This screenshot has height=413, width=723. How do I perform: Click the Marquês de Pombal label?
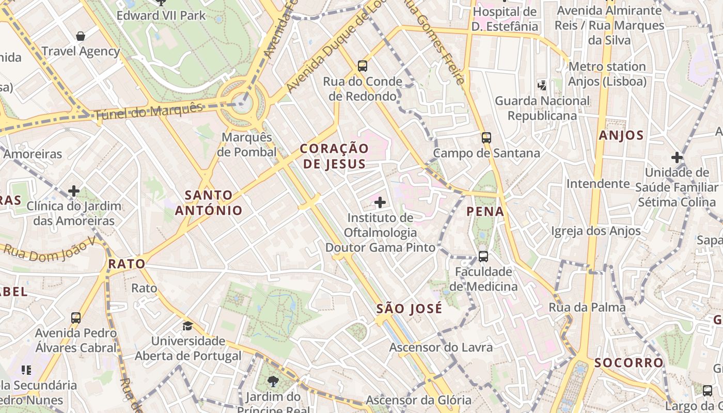[x=246, y=145]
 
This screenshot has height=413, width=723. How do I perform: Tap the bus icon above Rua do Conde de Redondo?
[x=363, y=66]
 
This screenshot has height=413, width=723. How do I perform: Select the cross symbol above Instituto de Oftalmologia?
[x=380, y=202]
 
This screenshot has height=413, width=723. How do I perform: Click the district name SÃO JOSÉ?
[x=409, y=309]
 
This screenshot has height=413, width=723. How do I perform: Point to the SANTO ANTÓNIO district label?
[x=209, y=203]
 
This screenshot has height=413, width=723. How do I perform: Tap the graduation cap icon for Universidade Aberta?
[x=187, y=326]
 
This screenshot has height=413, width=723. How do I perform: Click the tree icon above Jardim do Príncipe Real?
[x=273, y=382]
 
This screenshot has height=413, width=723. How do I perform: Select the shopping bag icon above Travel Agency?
[x=81, y=36]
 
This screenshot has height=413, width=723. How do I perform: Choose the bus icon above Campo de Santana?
[x=486, y=137]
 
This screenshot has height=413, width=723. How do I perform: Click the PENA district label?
[x=485, y=211]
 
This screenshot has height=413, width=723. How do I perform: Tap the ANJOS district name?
[x=621, y=136]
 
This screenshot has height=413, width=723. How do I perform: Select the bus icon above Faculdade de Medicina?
[x=483, y=256]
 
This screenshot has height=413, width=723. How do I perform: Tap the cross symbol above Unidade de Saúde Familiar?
[x=677, y=157]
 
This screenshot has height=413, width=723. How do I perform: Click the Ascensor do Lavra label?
[x=441, y=347]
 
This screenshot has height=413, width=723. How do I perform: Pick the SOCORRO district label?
[x=628, y=362]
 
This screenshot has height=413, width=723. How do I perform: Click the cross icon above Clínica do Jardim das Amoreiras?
[x=74, y=191]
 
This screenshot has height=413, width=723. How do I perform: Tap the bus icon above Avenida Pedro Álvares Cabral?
[x=76, y=317]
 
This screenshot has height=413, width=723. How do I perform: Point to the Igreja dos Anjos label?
[x=596, y=231]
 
